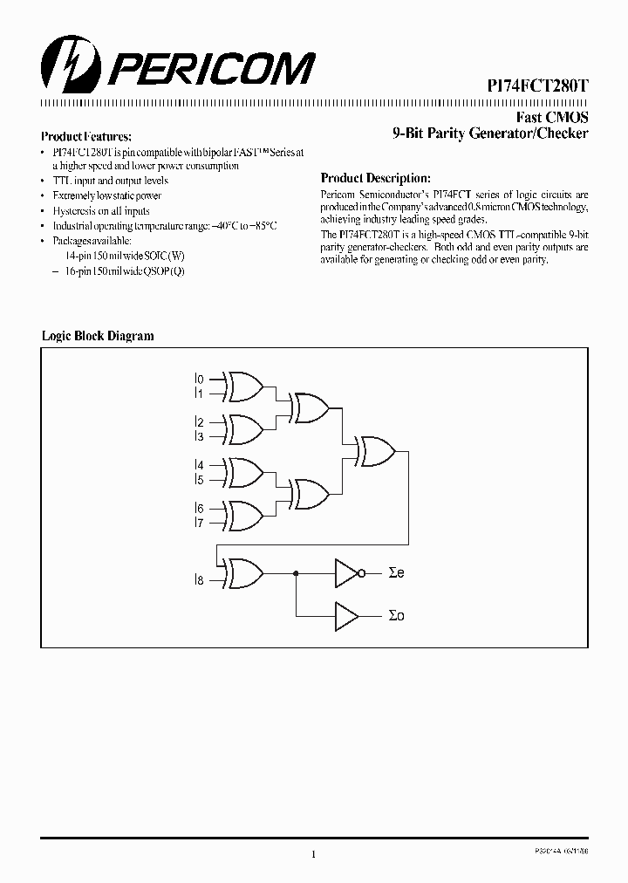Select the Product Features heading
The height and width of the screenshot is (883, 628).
86,137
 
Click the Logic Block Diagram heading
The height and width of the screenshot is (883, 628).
98,336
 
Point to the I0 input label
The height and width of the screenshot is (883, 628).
199,380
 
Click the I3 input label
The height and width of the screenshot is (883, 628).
199,436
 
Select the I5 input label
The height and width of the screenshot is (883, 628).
199,479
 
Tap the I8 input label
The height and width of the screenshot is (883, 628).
199,579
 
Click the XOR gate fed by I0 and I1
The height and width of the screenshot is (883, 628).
244,386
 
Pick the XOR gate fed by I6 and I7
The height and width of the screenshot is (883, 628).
244,515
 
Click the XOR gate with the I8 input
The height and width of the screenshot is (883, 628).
244,572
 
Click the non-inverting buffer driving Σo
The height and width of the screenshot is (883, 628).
346,615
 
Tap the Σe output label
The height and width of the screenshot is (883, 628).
396,572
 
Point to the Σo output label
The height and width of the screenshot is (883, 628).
396,615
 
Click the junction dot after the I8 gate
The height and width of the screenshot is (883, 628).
297,572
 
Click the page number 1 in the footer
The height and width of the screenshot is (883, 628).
312,854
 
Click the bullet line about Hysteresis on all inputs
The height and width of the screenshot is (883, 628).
101,210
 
